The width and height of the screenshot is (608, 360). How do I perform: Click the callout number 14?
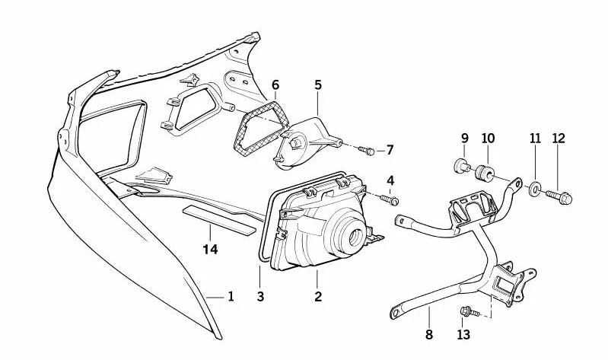[210, 250]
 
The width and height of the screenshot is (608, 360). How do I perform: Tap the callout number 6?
[275, 84]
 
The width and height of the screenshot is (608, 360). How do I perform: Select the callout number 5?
[318, 84]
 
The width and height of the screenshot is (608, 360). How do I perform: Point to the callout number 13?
[463, 334]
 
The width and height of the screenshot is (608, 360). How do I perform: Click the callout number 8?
[429, 334]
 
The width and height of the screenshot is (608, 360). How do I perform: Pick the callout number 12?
[559, 138]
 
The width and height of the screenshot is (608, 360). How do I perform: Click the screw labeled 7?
[366, 150]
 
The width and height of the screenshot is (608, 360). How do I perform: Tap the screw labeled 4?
[390, 200]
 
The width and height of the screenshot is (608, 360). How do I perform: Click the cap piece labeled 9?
[462, 166]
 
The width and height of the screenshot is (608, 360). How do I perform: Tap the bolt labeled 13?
[470, 311]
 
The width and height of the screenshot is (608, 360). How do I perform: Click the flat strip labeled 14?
[219, 221]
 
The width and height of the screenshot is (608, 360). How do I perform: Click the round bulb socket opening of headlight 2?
[355, 237]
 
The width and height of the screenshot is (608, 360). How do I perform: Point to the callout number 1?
[231, 297]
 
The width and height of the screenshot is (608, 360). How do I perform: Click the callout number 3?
[260, 297]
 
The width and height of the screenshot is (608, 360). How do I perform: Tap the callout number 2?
[318, 297]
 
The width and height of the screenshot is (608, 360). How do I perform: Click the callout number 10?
[489, 138]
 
